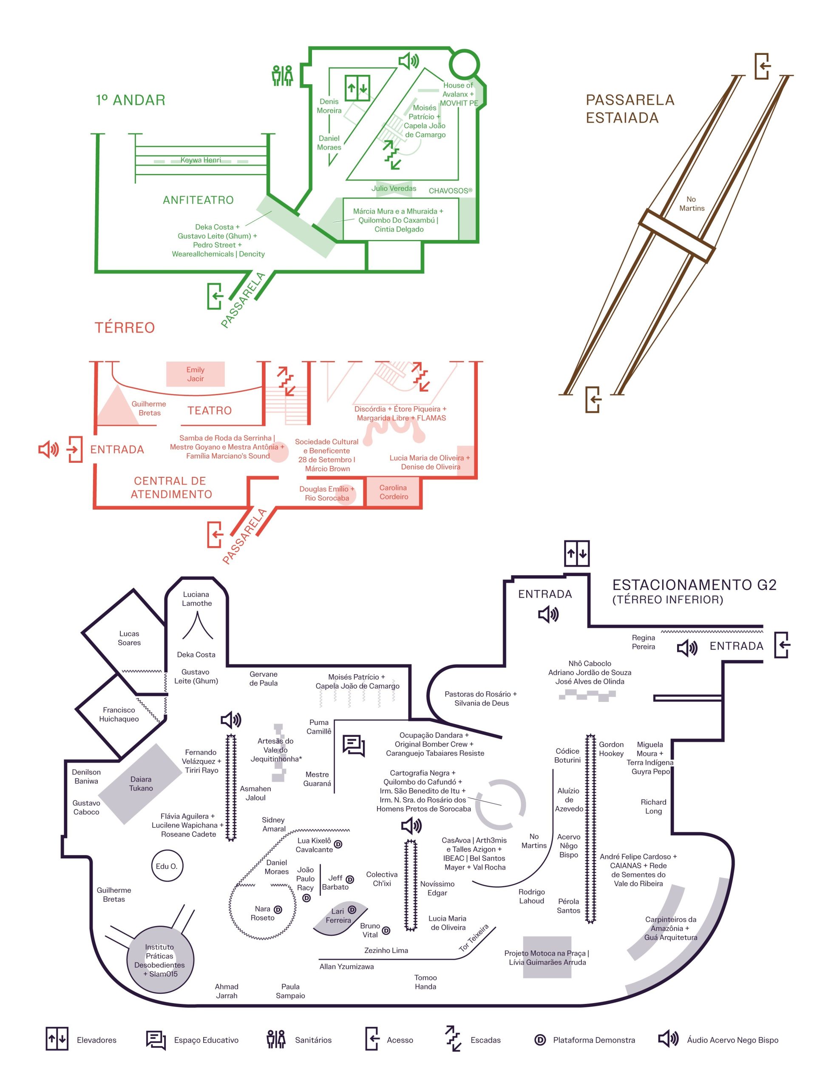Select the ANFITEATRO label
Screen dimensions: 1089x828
pos(198,200)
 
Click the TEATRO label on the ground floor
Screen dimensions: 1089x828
pos(210,411)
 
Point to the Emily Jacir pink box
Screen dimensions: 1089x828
pos(195,374)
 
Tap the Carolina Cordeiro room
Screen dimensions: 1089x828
pos(393,492)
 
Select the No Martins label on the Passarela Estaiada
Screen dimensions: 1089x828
pos(692,204)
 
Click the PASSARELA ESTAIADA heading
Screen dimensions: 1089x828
pos(630,108)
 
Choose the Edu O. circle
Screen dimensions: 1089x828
pos(167,866)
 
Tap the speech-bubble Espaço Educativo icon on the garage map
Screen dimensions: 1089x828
pos(353,745)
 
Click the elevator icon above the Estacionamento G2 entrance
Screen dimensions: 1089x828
pos(577,553)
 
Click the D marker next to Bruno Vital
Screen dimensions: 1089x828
pos(386,931)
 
